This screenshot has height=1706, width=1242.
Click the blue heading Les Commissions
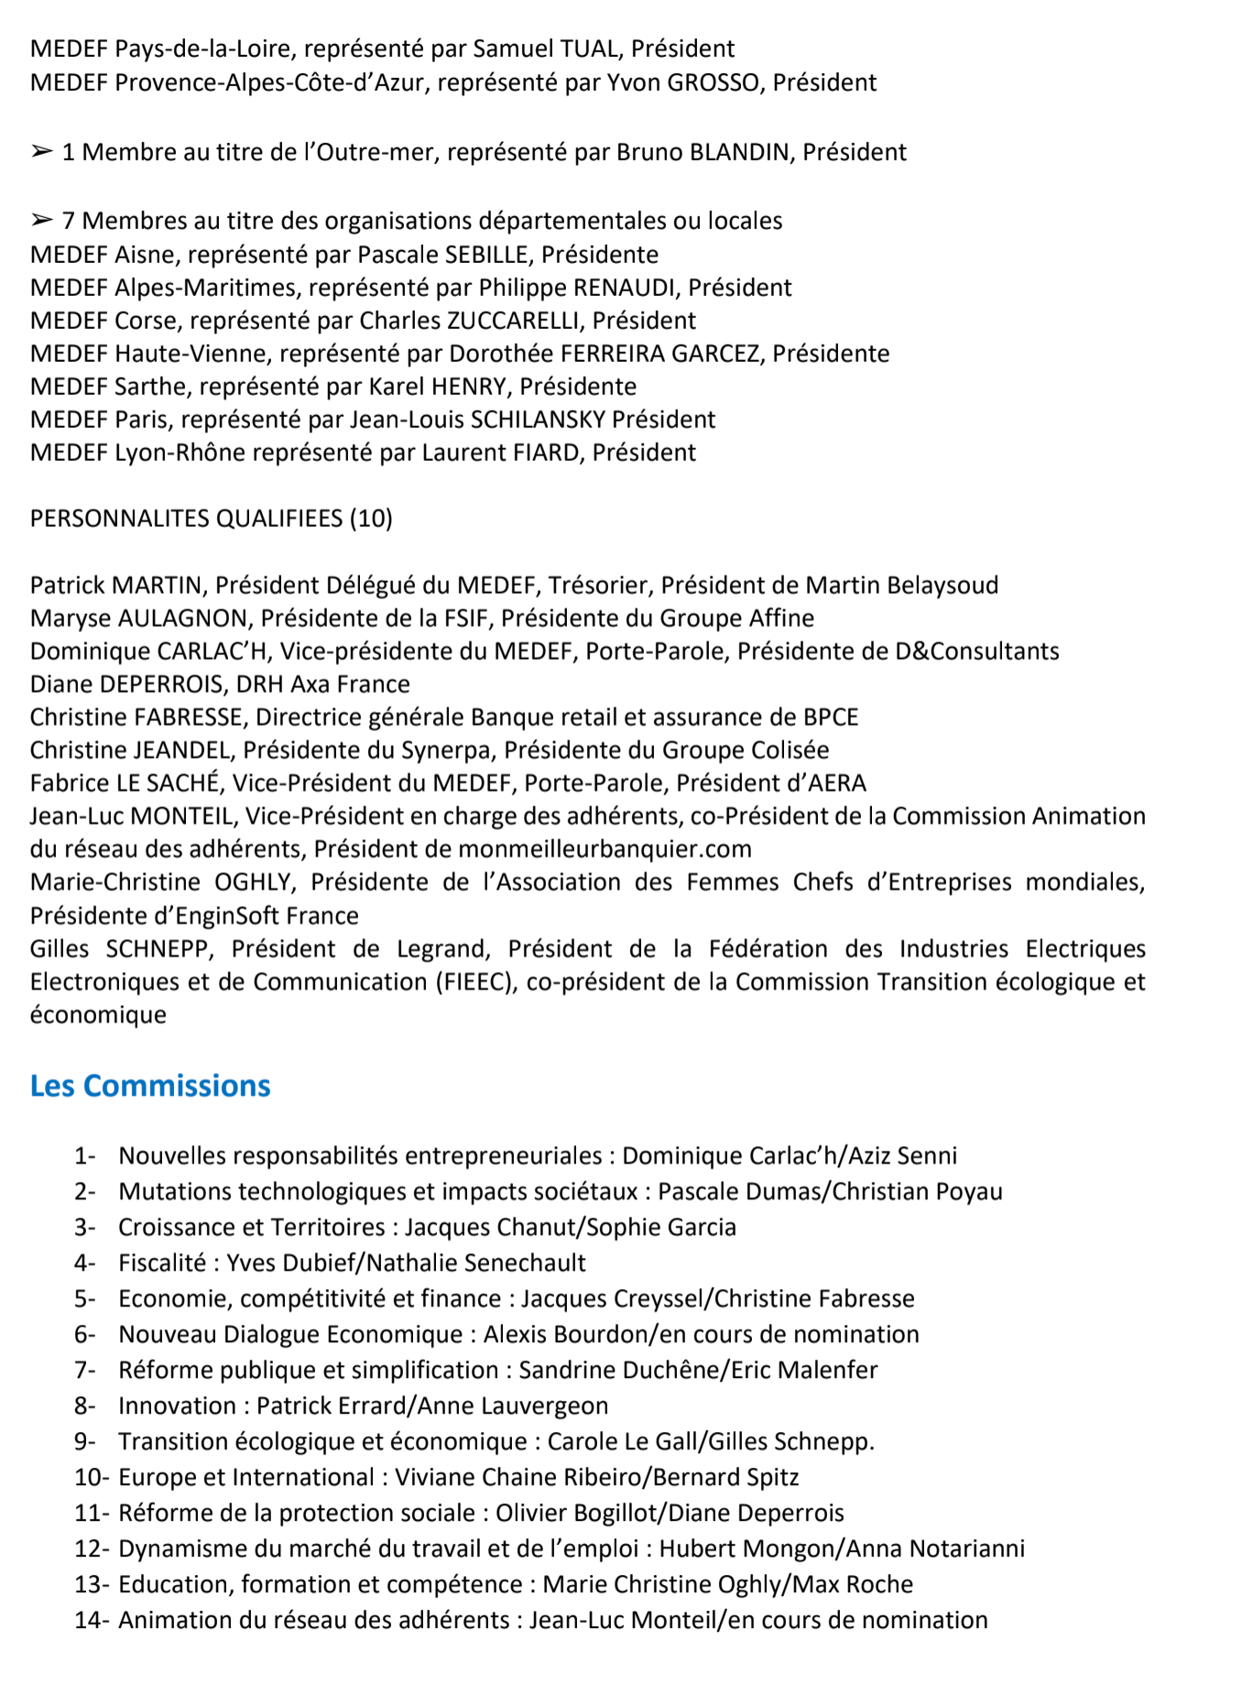[x=150, y=1086]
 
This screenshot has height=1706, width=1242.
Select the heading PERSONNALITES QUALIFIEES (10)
[x=212, y=519]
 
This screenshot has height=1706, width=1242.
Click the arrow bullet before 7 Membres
[x=42, y=220]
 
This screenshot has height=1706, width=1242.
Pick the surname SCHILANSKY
[x=538, y=420]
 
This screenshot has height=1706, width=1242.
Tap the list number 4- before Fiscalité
[x=85, y=1263]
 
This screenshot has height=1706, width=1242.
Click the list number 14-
[x=92, y=1621]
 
